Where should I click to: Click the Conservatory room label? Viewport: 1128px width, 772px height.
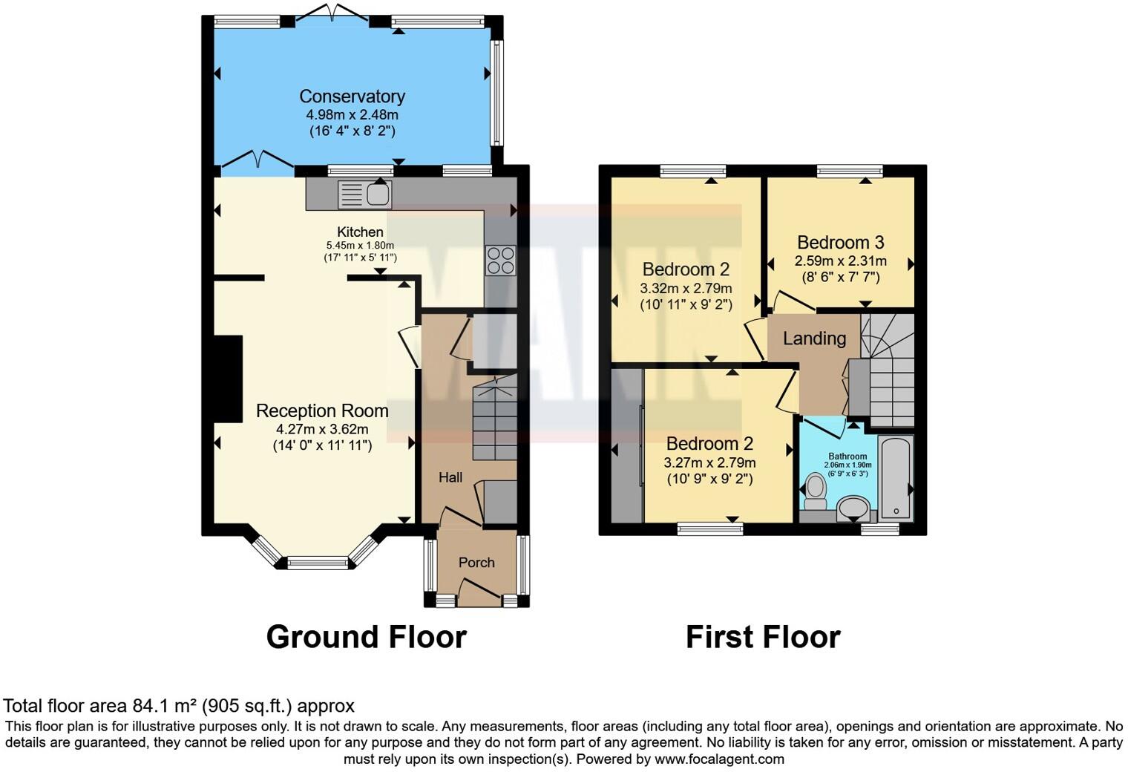pos(352,96)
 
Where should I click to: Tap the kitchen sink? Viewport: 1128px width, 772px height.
pos(364,194)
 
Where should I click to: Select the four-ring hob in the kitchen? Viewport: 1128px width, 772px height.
pos(500,261)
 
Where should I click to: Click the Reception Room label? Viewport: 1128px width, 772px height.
pos(322,411)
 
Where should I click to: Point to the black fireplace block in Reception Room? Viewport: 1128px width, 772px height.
pos(229,379)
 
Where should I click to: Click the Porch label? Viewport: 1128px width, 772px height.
pos(476,563)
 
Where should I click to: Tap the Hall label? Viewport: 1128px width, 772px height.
pos(450,477)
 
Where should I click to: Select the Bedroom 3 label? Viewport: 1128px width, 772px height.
pos(840,243)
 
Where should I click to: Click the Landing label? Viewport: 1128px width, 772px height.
pos(814,338)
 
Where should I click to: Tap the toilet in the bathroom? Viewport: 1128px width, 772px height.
pos(816,491)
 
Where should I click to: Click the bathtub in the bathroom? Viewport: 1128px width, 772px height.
pos(896,479)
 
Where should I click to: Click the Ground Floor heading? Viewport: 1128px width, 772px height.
pos(366,637)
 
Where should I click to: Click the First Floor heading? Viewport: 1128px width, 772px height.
pos(762,637)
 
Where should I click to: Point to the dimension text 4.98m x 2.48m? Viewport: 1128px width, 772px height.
pos(352,115)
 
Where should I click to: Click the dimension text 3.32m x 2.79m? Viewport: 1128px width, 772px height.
pos(686,288)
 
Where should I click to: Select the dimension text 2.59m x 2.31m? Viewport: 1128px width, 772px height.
pos(840,261)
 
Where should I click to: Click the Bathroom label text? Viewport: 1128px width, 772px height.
pos(847,457)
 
